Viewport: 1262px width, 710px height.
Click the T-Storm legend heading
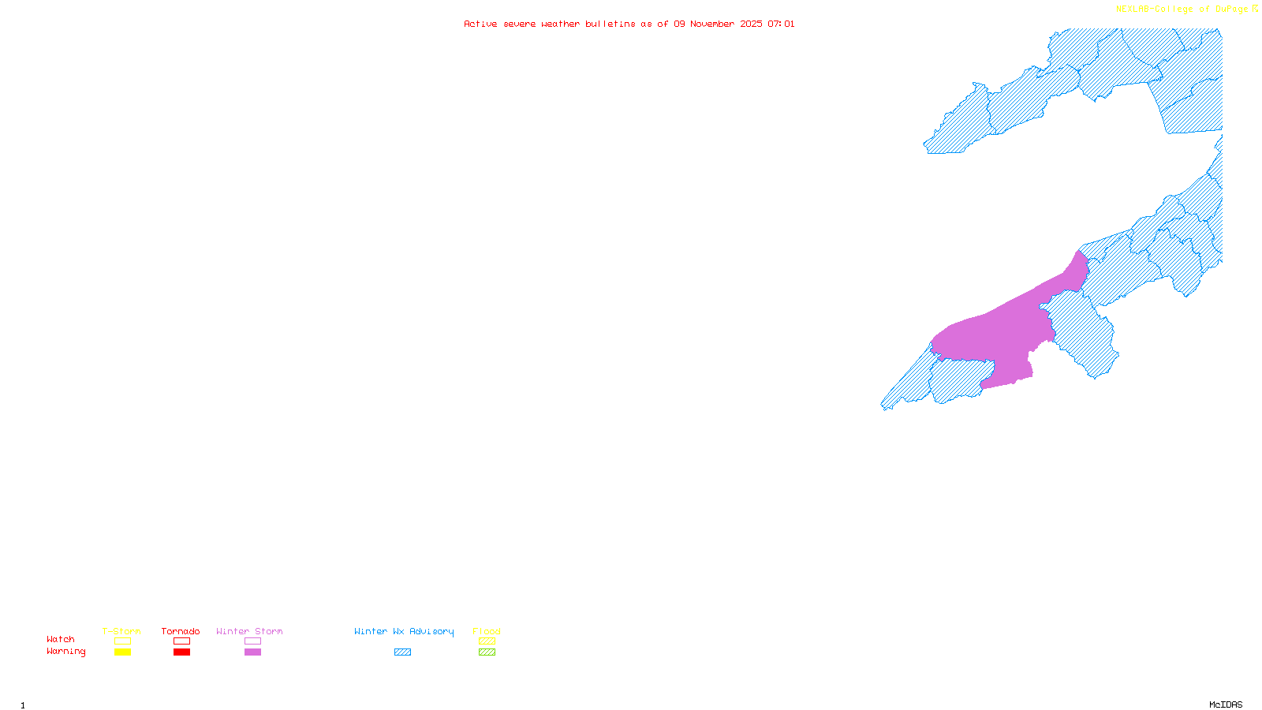point(121,631)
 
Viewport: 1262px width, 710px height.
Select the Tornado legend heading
point(181,631)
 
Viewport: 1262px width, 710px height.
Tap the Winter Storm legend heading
point(249,631)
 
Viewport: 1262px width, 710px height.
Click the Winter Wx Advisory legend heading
point(404,631)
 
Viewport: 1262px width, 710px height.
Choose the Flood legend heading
point(487,631)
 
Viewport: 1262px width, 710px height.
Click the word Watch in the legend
point(61,639)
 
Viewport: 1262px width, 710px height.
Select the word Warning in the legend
point(66,652)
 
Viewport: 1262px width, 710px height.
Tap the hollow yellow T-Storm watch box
point(122,641)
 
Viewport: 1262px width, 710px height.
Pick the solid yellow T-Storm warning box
point(122,652)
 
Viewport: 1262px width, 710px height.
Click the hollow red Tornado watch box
point(181,641)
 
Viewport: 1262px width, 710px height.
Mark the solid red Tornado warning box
point(181,652)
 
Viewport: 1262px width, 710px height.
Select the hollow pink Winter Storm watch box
point(252,641)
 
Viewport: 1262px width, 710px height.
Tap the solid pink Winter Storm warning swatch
point(252,652)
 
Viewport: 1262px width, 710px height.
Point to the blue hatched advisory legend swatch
point(402,652)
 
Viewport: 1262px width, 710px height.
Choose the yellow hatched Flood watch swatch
point(487,641)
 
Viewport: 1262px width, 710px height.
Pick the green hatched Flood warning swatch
point(487,652)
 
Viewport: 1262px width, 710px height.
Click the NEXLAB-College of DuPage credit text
point(1182,9)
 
